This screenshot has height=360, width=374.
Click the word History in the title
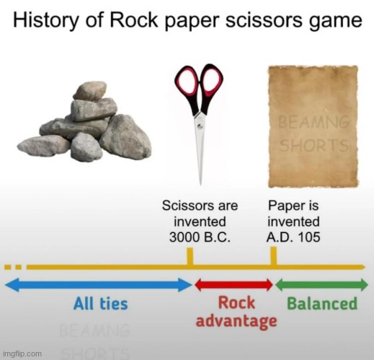[45, 20]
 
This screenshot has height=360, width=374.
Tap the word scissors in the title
[264, 19]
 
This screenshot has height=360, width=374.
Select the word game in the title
[334, 22]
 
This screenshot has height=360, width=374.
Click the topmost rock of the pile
[89, 91]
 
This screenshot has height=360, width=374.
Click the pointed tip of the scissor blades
[200, 184]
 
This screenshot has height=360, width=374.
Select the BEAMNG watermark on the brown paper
[313, 122]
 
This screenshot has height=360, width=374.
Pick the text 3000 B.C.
[200, 237]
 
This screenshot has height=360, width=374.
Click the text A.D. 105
[293, 237]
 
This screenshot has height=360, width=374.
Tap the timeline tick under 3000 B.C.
[190, 257]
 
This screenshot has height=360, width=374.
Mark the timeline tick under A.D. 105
[273, 256]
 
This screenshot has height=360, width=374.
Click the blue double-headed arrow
[99, 285]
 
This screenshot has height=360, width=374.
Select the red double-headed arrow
[233, 285]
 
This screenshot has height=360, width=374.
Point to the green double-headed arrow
[321, 285]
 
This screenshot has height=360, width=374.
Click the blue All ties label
[101, 304]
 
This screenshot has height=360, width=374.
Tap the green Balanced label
[322, 304]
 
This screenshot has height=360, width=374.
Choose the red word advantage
[236, 321]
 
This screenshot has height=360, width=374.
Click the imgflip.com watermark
[22, 354]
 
